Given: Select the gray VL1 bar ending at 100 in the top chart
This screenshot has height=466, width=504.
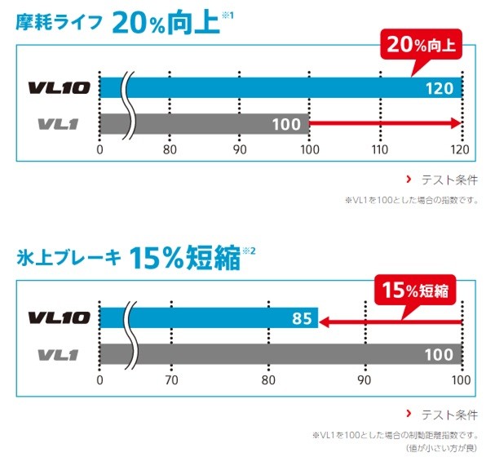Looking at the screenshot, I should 212,124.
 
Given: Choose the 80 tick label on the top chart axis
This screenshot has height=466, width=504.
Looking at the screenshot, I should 170,149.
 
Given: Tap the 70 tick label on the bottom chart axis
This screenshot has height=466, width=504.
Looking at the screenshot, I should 170,380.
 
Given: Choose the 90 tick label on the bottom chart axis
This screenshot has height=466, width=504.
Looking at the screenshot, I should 365,380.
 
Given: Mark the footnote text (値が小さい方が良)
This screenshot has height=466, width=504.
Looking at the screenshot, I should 441,448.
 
